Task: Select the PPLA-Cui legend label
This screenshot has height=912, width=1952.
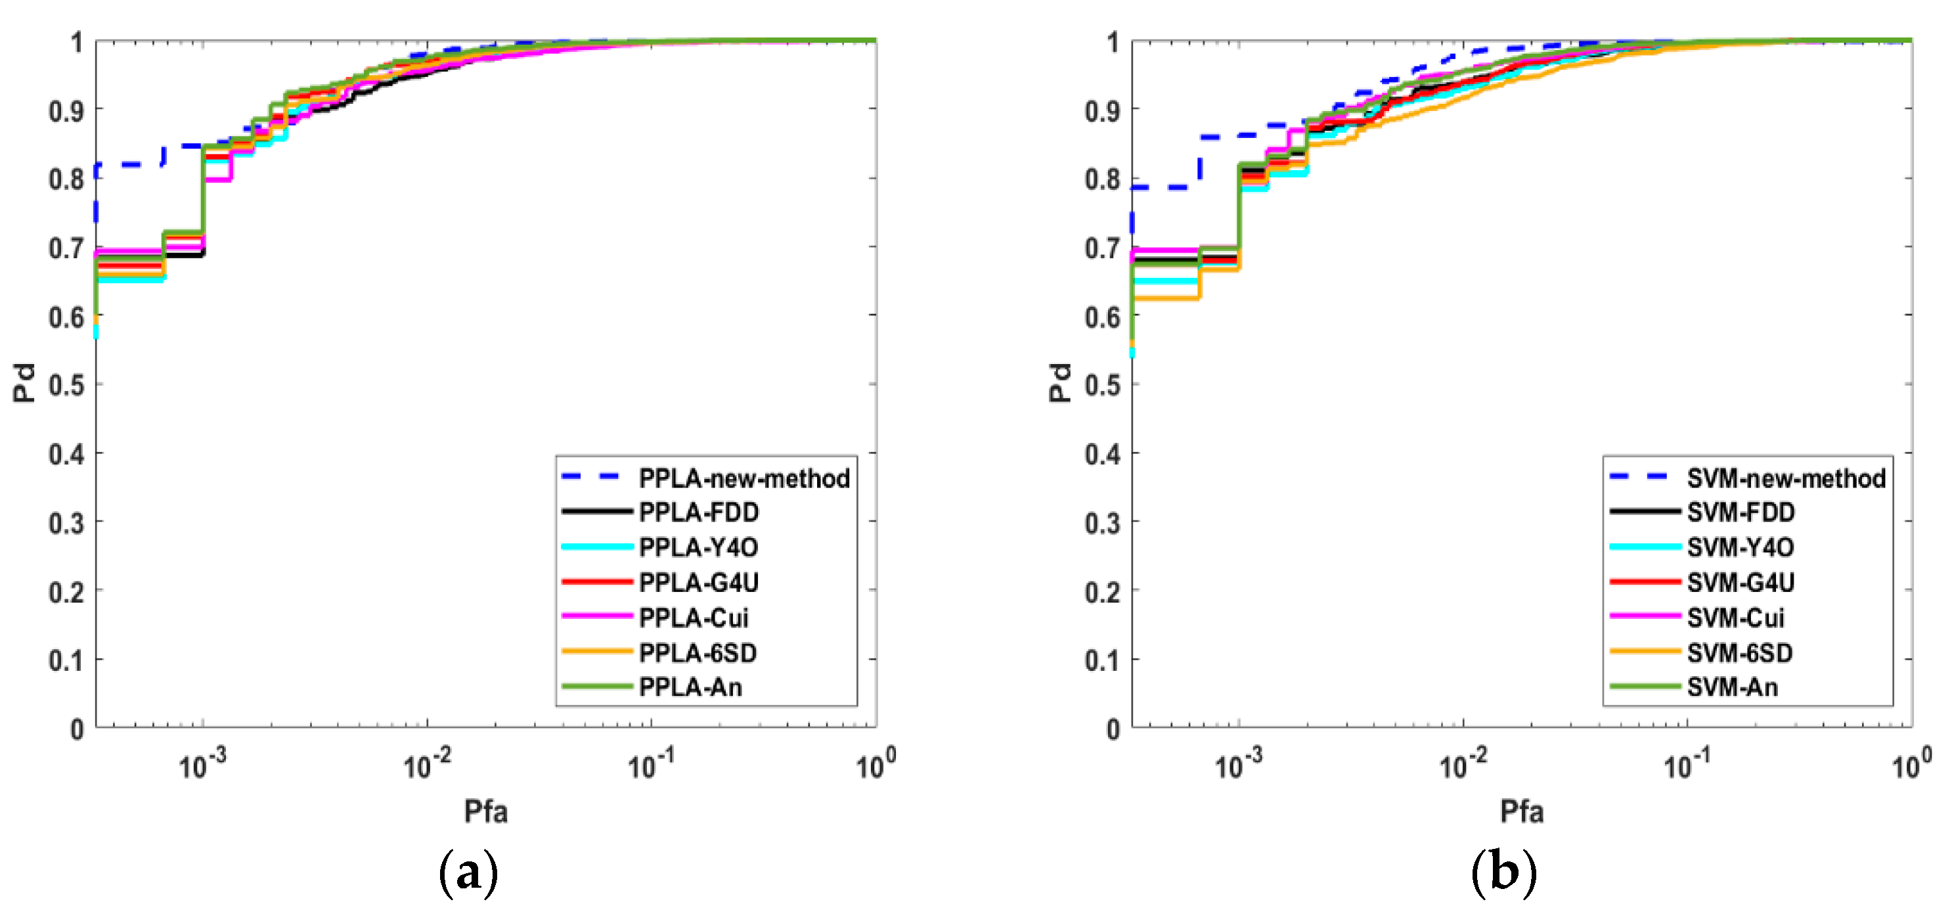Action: (x=694, y=618)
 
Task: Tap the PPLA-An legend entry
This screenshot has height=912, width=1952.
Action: (x=690, y=687)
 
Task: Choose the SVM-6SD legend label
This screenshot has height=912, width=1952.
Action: (x=1739, y=652)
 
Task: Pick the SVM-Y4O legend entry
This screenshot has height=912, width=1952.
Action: (x=1740, y=547)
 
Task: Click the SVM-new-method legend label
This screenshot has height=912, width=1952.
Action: (x=1785, y=478)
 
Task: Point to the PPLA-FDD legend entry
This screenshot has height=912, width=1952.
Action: (x=698, y=513)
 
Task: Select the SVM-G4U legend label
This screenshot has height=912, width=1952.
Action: (x=1740, y=582)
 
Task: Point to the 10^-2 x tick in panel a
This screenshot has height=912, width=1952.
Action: (x=427, y=764)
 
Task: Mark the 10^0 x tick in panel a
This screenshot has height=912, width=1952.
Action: (x=876, y=764)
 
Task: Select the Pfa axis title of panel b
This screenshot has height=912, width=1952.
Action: (x=1522, y=812)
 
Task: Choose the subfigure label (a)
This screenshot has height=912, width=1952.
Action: (x=468, y=873)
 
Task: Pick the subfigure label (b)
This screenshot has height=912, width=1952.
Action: (x=1503, y=873)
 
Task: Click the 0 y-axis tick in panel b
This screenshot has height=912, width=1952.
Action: (x=1113, y=729)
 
